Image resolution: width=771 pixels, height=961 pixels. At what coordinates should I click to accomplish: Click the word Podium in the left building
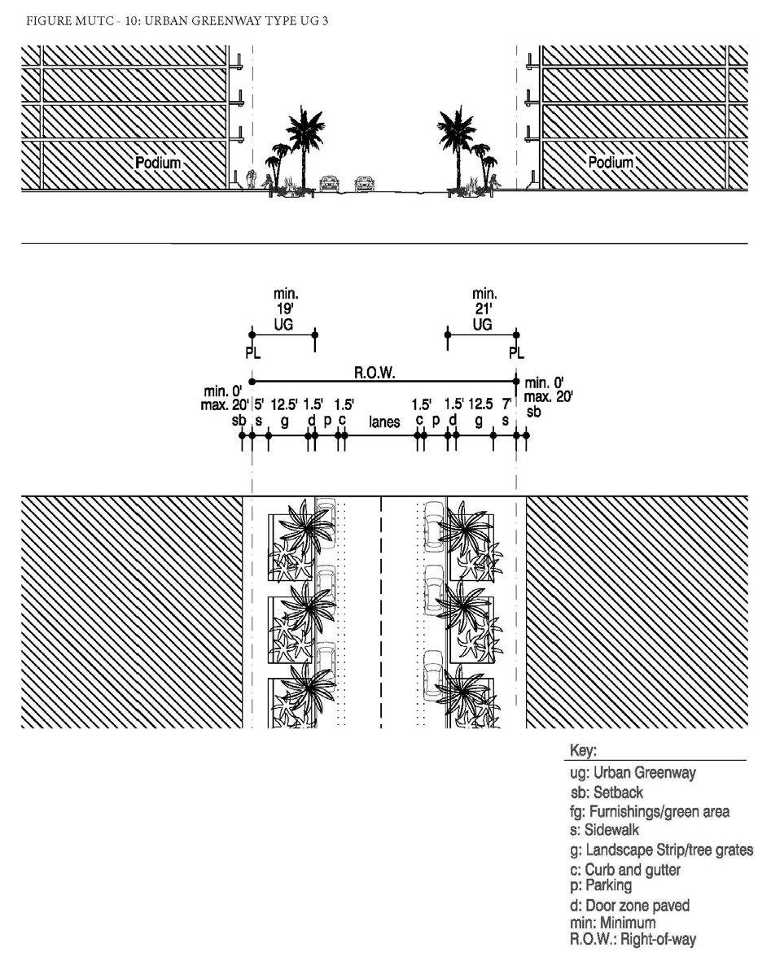pyautogui.click(x=158, y=163)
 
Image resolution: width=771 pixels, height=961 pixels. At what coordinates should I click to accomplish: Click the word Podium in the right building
pyautogui.click(x=611, y=163)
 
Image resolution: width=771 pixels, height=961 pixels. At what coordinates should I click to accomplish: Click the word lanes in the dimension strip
pyautogui.click(x=384, y=422)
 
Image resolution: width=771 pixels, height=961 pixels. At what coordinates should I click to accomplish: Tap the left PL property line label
pyautogui.click(x=252, y=353)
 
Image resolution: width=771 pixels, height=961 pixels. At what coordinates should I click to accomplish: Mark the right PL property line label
pyautogui.click(x=516, y=353)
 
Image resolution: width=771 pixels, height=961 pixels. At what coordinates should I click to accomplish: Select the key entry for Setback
pyautogui.click(x=607, y=793)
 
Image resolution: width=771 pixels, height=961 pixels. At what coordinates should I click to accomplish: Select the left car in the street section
pyautogui.click(x=329, y=182)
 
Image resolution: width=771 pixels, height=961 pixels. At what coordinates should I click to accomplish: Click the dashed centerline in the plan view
pyautogui.click(x=382, y=610)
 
